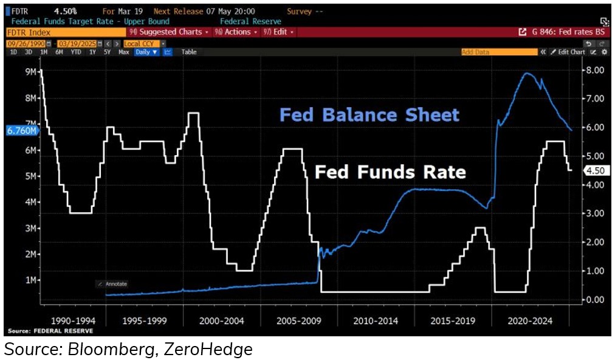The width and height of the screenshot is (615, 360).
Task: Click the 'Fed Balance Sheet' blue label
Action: tap(369, 115)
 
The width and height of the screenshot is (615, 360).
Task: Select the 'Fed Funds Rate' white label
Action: tap(390, 172)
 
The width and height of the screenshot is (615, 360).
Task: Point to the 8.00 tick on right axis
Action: tap(594, 70)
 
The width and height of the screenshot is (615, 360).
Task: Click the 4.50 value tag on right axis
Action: tap(594, 171)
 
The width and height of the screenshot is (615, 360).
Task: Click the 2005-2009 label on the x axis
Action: tap(298, 321)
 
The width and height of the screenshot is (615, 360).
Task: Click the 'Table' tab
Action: tap(189, 52)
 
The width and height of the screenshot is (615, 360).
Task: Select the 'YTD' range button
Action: tap(75, 52)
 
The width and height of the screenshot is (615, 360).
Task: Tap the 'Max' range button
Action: tap(123, 52)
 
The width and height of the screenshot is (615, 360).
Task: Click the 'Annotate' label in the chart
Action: tap(115, 284)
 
